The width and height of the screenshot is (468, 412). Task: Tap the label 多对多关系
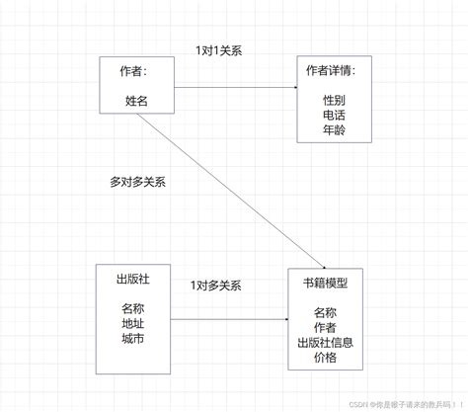[137, 183]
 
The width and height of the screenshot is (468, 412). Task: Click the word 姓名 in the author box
[137, 100]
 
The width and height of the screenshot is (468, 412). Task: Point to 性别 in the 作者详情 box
[334, 100]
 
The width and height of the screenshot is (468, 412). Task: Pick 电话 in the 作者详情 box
[334, 116]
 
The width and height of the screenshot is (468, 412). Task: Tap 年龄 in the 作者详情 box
[334, 131]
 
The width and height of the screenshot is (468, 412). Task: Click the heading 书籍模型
[325, 283]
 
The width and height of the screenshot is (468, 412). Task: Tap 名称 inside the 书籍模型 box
[325, 312]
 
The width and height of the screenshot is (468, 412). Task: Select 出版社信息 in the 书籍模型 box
[325, 343]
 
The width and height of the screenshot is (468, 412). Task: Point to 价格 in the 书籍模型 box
[325, 358]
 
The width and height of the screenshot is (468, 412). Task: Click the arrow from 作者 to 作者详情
[237, 89]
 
